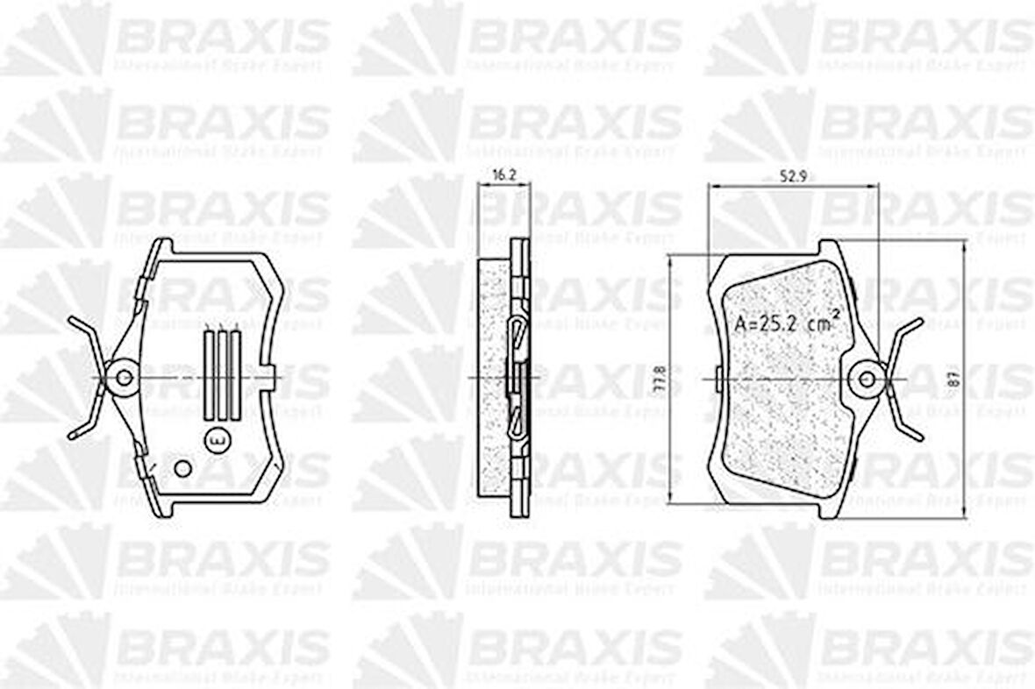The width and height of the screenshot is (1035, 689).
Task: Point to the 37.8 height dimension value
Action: click(x=657, y=380)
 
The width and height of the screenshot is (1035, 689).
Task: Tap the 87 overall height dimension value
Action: click(x=953, y=380)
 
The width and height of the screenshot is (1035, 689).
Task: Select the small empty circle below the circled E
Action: click(x=182, y=468)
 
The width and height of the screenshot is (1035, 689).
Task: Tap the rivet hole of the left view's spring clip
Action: click(x=125, y=378)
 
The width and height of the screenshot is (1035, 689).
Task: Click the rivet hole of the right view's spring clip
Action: click(x=867, y=379)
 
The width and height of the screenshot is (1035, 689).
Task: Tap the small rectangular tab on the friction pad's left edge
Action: click(x=717, y=380)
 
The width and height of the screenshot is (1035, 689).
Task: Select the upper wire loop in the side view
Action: click(x=517, y=331)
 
